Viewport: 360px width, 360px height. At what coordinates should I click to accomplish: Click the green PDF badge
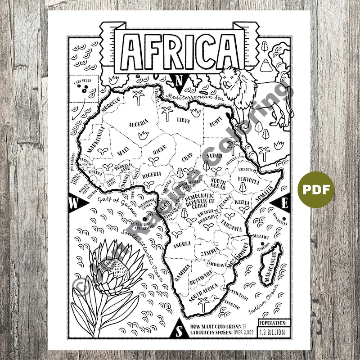point(315,189)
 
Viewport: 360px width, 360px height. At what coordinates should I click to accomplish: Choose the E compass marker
point(283,203)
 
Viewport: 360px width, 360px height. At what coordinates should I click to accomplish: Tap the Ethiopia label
point(248,181)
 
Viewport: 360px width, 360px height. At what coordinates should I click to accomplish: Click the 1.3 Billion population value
point(273,332)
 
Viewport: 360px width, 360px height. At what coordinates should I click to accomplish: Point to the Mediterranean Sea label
point(189,96)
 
